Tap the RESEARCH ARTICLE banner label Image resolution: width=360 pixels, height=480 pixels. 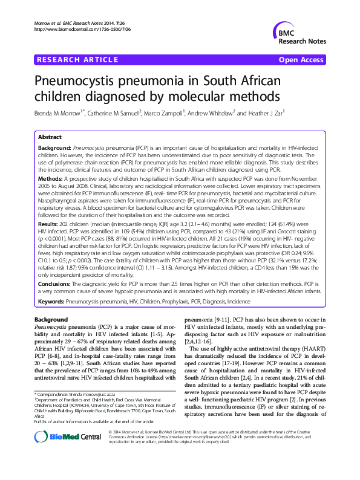[77, 60]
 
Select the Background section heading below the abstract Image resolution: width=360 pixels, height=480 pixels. [51, 319]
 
